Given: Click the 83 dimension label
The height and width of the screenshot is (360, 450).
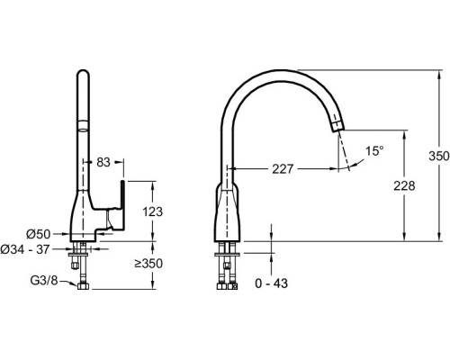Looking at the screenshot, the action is [x=103, y=162].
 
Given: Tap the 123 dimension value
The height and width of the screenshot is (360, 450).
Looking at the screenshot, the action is [x=152, y=211].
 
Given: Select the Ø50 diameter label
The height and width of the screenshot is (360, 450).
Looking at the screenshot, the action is [x=39, y=234].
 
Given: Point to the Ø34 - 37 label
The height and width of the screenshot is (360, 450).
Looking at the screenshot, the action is [x=24, y=249].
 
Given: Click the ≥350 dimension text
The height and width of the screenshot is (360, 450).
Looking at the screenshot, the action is [x=148, y=264].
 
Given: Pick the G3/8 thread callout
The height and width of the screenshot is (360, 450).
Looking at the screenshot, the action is [x=44, y=281].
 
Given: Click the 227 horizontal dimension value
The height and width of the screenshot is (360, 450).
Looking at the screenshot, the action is [x=283, y=169].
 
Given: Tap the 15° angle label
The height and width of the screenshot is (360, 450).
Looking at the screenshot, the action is [x=374, y=151].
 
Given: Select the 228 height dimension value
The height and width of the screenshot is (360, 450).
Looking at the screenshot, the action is [x=404, y=186].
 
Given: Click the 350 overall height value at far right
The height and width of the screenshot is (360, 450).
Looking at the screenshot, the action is [x=439, y=156].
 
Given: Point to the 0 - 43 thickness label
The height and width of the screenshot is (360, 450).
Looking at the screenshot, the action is [x=271, y=283].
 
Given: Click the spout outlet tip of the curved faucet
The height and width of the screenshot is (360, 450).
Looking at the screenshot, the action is [x=338, y=127].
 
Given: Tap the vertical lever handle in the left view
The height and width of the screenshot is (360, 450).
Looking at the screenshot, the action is [x=122, y=205].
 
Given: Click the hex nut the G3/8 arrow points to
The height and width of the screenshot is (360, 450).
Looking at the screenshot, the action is [x=83, y=286].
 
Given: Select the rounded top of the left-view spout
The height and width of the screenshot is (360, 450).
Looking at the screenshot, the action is [x=83, y=74].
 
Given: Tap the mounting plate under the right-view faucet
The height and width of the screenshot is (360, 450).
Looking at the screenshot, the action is [x=227, y=255].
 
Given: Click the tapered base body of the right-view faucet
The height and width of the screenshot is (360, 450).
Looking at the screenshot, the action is [x=227, y=213].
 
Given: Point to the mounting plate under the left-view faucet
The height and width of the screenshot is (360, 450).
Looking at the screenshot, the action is [x=78, y=255].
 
